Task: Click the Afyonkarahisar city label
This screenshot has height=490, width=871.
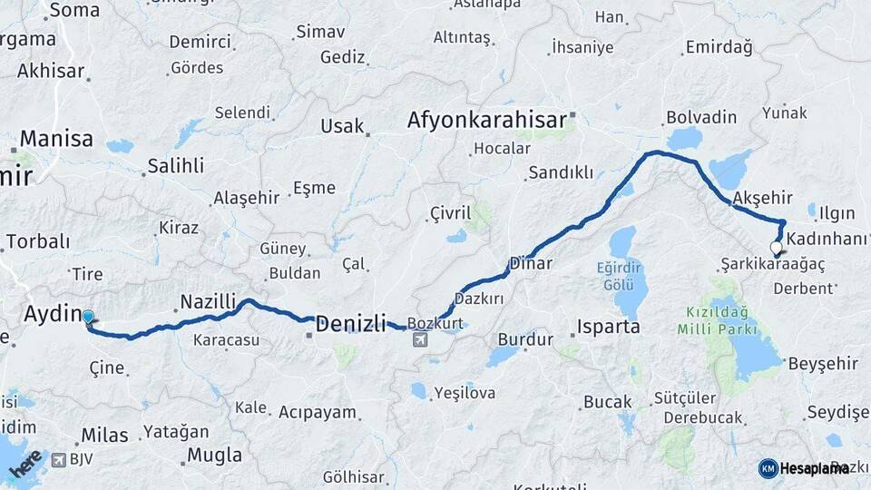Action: point(486,120)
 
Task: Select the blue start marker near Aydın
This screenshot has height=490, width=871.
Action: point(88,317)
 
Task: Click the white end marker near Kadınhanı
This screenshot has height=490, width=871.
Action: point(776,247)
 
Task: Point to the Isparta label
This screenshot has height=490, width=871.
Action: point(608,327)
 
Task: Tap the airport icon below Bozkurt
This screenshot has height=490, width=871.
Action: point(420,339)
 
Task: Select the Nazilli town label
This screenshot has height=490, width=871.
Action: point(208,300)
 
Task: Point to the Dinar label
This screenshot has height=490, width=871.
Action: point(531,264)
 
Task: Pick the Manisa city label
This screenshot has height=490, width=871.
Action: point(56,139)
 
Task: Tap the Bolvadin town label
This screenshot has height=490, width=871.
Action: point(700,118)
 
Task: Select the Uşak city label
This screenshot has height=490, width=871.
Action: point(342,126)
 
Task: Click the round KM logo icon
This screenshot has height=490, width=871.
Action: point(768,468)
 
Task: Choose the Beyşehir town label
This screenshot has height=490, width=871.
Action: point(823,363)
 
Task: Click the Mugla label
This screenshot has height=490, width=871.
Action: point(214,455)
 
